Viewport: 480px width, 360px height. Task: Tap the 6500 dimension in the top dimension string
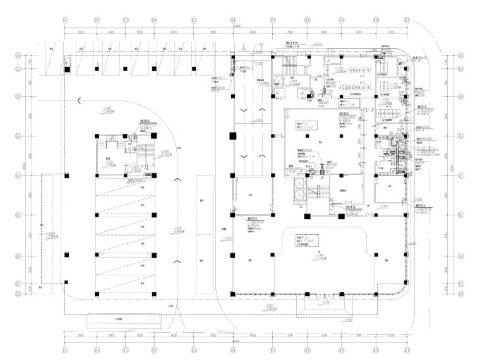coord(81,32)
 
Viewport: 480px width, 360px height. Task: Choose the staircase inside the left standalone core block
coord(142,152)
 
